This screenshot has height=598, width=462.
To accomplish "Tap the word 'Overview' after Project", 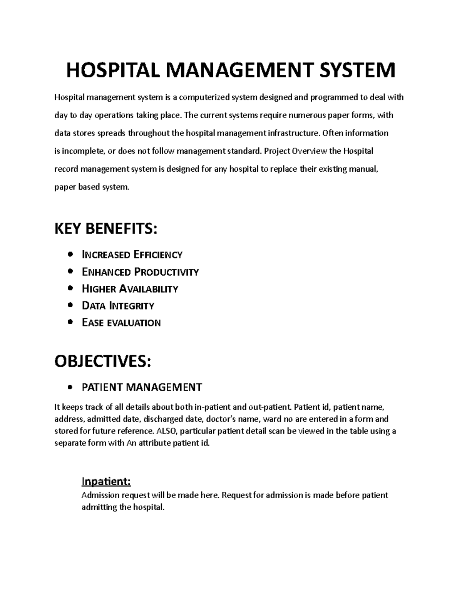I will click(x=310, y=151).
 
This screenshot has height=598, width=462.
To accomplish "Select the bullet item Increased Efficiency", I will click(x=132, y=255).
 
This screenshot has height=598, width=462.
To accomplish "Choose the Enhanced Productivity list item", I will click(x=140, y=272).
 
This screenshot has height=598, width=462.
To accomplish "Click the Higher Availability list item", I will click(x=130, y=289).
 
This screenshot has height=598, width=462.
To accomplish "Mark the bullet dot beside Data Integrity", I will click(x=70, y=305).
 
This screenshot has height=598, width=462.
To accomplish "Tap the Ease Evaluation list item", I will click(x=121, y=323).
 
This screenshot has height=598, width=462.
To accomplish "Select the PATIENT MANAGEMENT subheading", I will click(x=142, y=387).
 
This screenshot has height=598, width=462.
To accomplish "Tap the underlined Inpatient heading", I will click(x=106, y=481).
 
